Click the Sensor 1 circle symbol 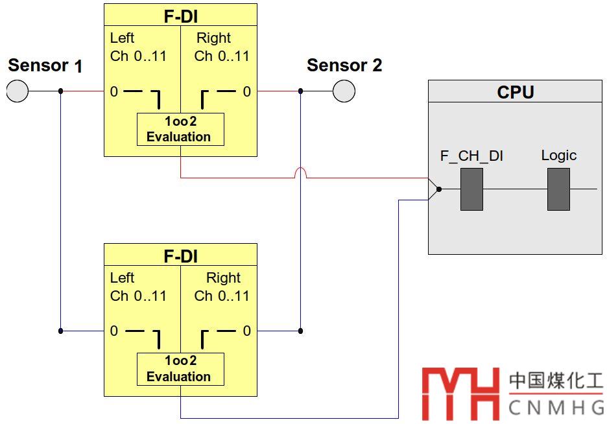18,91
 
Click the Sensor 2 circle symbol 344,91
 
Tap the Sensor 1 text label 45,65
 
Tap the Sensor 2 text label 344,65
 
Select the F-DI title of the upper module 180,17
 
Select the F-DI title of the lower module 180,257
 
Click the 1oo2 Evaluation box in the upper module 180,129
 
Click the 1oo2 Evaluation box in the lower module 180,369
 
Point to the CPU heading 515,92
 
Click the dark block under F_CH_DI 471,189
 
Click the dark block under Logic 558,189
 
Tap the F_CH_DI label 471,156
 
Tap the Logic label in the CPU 558,156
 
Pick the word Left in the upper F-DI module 122,38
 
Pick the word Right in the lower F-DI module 223,278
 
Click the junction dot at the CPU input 439,189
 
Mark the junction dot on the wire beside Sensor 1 60,91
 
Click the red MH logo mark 460,393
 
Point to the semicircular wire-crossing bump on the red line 300,172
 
